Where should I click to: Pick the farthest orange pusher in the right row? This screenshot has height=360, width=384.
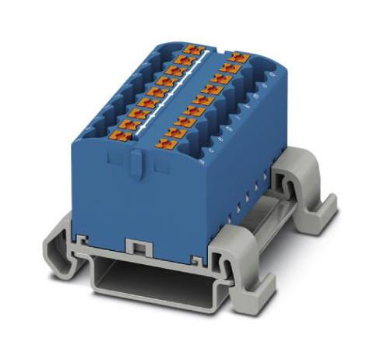234,57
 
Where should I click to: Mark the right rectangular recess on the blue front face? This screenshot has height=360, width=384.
161,165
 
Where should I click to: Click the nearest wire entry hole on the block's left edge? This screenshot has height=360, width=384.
86,139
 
